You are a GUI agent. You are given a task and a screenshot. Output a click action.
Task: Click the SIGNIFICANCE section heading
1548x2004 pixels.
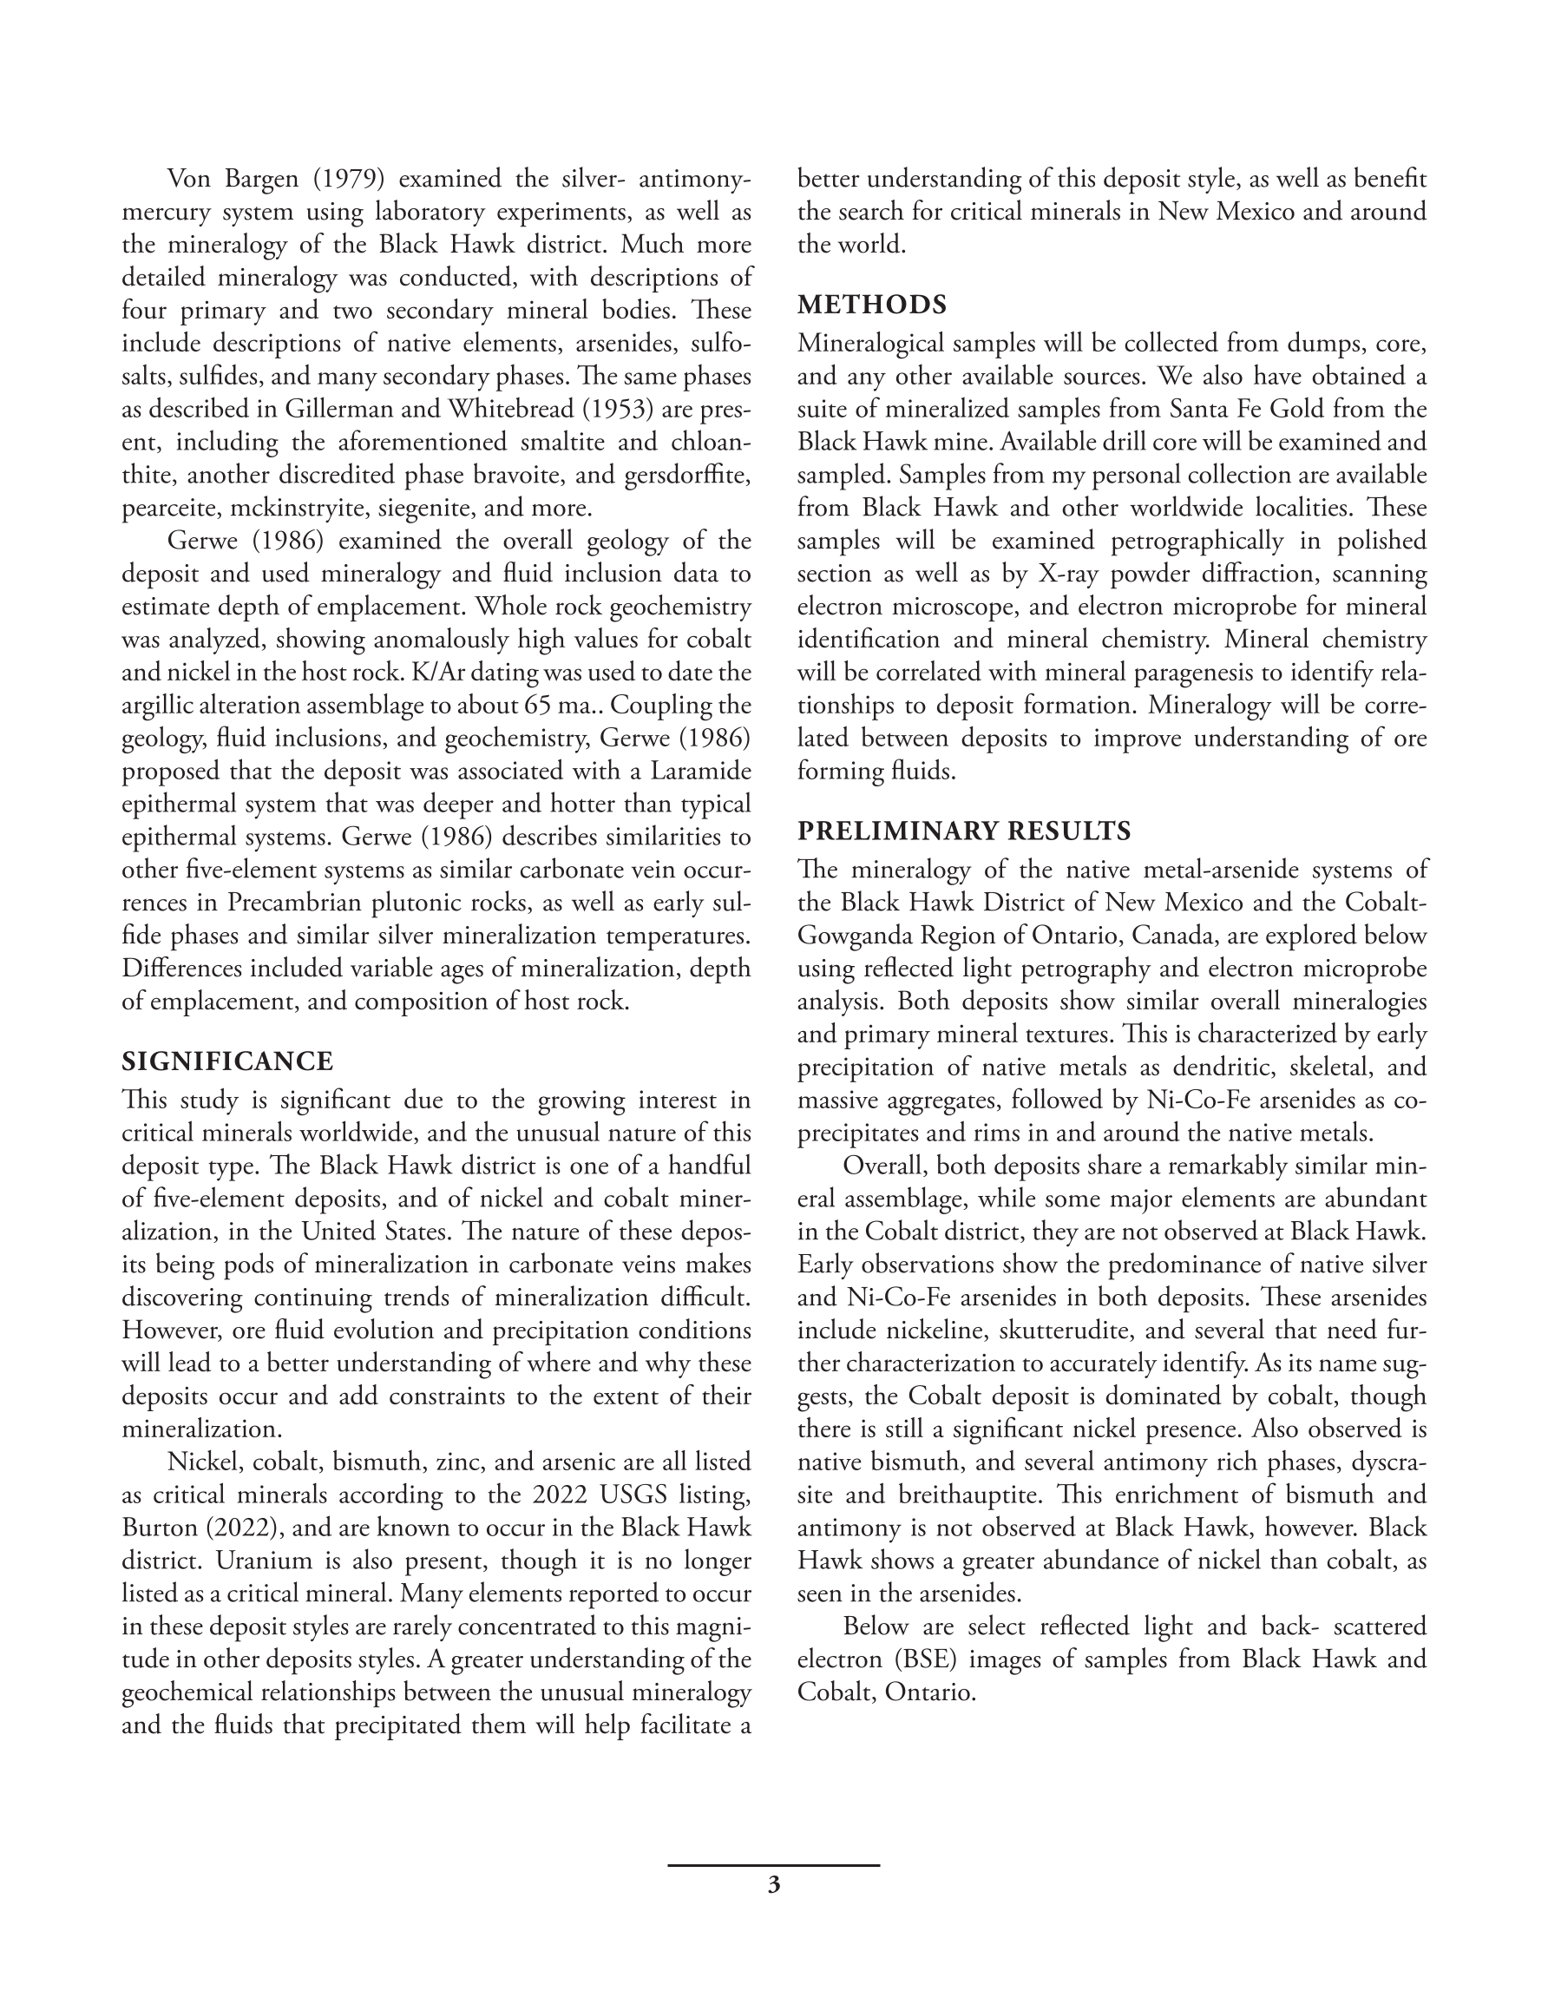[227, 1061]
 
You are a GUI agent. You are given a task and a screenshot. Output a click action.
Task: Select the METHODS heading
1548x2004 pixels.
[872, 305]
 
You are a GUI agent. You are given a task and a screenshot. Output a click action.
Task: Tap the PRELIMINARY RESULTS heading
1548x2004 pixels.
[963, 831]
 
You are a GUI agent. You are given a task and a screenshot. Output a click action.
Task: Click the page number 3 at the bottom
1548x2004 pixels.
[773, 1886]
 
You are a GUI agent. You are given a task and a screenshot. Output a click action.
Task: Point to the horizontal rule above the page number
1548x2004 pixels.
[773, 1865]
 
